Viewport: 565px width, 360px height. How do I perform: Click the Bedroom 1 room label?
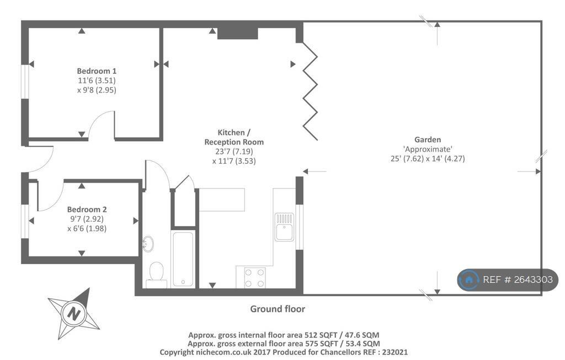(97, 71)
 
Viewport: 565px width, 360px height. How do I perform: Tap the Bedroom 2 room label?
(87, 209)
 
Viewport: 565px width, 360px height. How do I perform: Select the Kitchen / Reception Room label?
(234, 137)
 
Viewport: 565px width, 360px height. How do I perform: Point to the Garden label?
(428, 139)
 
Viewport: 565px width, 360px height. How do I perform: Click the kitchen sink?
(284, 227)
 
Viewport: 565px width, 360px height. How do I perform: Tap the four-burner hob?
(255, 277)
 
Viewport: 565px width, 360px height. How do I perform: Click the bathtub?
(183, 259)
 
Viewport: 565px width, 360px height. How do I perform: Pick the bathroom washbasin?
(148, 244)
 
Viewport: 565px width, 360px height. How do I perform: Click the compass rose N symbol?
(74, 313)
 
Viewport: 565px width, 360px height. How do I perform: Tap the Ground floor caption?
(278, 309)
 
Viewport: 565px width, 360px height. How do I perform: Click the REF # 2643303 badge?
(508, 280)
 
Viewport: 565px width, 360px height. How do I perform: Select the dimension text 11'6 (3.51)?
(97, 80)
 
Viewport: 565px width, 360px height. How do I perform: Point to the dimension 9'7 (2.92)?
(87, 218)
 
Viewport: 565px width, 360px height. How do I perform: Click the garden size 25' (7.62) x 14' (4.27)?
(428, 158)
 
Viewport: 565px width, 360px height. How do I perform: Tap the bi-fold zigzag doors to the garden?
(310, 91)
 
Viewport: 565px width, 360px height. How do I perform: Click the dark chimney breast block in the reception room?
(237, 33)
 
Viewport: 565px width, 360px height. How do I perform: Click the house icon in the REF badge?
(469, 280)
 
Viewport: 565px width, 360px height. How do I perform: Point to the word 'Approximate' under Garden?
(428, 149)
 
